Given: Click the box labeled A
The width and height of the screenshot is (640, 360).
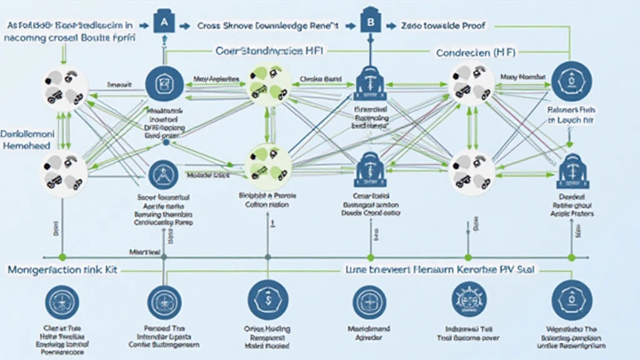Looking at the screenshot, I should point(164,24).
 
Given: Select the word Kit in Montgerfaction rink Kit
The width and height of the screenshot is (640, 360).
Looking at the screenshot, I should point(110,271).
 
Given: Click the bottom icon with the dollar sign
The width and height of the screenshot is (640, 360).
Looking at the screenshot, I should point(267,299).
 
